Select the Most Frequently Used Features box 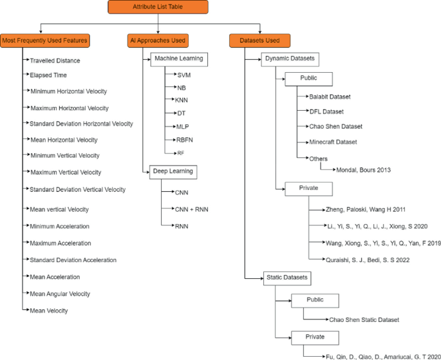[x=45, y=41]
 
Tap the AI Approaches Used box [x=158, y=41]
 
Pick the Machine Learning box [x=179, y=59]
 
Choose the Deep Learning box [x=173, y=171]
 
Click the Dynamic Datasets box [x=290, y=59]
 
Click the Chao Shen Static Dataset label [x=364, y=319]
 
